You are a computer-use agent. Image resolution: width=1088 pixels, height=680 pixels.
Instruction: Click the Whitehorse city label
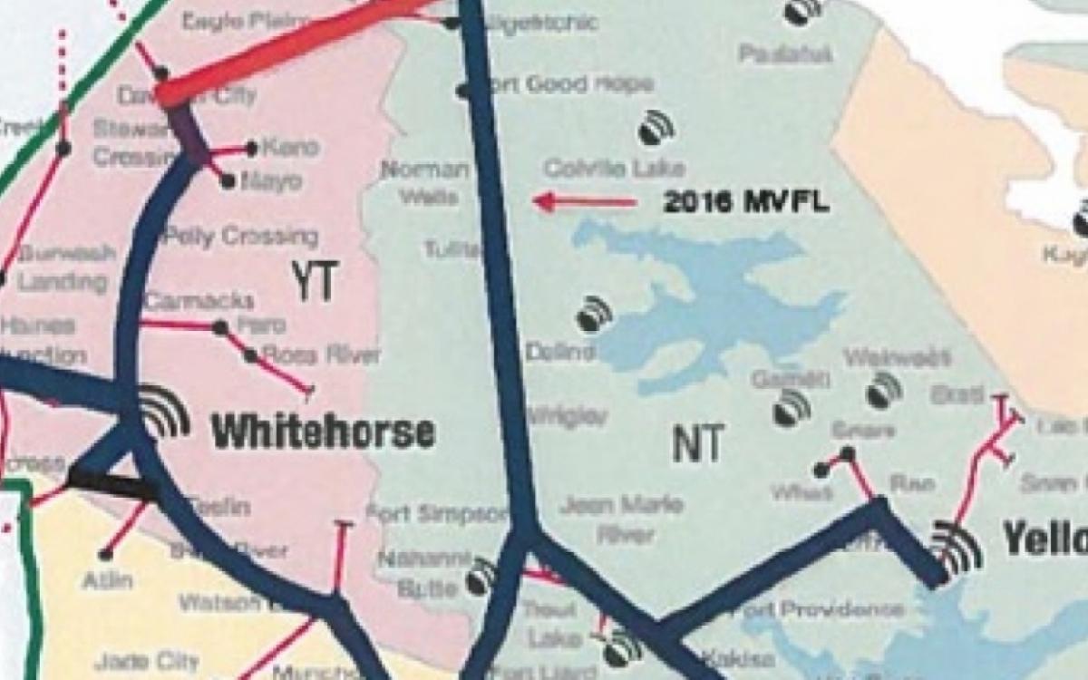pyautogui.click(x=324, y=432)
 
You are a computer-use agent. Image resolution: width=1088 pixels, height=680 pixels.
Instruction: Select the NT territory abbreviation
pyautogui.click(x=697, y=444)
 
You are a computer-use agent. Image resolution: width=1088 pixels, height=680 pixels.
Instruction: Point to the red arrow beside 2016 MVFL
pyautogui.click(x=585, y=201)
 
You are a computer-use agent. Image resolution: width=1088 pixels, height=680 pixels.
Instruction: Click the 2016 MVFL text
pyautogui.click(x=745, y=201)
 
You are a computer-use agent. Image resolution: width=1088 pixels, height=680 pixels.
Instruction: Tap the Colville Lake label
pyautogui.click(x=614, y=169)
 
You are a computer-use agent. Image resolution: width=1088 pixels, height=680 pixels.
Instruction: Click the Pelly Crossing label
pyautogui.click(x=240, y=238)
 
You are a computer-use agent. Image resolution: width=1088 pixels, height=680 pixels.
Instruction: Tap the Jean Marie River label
pyautogui.click(x=621, y=519)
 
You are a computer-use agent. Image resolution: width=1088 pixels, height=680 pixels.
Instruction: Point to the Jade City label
pyautogui.click(x=133, y=661)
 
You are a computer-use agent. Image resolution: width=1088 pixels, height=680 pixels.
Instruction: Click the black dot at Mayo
pyautogui.click(x=228, y=182)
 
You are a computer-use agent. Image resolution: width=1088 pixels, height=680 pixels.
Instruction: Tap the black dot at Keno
pyautogui.click(x=252, y=147)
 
